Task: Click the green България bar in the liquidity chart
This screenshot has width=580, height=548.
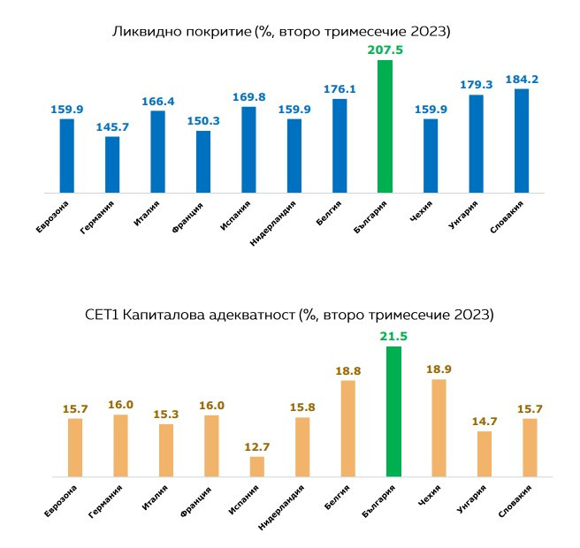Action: [385, 126]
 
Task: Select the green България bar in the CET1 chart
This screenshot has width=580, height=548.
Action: [393, 411]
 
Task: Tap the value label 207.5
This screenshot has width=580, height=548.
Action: [385, 50]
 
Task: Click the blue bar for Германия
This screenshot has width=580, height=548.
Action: [112, 164]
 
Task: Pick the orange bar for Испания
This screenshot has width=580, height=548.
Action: [257, 466]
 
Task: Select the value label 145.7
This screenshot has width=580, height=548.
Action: [112, 127]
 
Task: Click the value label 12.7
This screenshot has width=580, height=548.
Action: [257, 446]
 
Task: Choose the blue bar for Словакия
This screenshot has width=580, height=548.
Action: [521, 141]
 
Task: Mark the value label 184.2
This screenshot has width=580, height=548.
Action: [521, 79]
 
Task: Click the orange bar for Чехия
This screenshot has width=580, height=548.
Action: [439, 428]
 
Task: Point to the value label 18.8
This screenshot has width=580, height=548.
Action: [348, 371]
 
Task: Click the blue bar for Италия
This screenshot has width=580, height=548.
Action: [157, 151]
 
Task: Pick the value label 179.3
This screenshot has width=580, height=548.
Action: [476, 85]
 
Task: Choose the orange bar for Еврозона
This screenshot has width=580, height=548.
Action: [75, 446]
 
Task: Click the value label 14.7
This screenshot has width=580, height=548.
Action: [484, 422]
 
